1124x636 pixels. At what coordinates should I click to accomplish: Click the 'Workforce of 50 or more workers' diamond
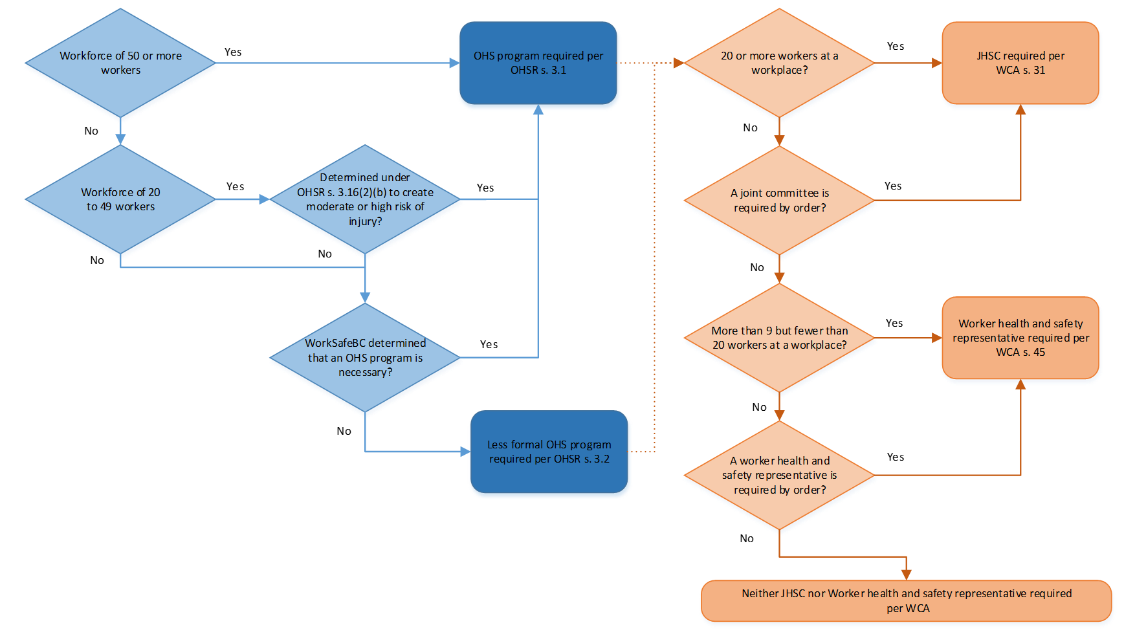pyautogui.click(x=120, y=63)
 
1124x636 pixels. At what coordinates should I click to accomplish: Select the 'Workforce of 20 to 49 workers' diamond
pyautogui.click(x=120, y=199)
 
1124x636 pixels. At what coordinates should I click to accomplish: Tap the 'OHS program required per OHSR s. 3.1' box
pyautogui.click(x=538, y=63)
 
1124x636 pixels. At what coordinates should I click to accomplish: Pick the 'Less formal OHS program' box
pyautogui.click(x=549, y=452)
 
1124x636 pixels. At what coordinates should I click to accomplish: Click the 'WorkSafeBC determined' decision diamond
pyautogui.click(x=365, y=357)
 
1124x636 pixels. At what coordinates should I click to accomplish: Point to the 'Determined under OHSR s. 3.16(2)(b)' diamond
pyautogui.click(x=365, y=199)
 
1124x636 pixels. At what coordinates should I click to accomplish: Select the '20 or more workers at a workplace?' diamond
pyautogui.click(x=779, y=63)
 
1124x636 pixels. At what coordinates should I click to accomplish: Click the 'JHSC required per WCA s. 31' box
pyautogui.click(x=1020, y=63)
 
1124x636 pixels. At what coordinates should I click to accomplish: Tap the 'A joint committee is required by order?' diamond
pyautogui.click(x=779, y=200)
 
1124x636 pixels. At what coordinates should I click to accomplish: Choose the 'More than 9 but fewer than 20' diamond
pyautogui.click(x=779, y=338)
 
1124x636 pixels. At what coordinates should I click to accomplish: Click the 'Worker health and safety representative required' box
pyautogui.click(x=1020, y=338)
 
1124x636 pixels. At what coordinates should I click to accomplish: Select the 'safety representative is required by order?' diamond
pyautogui.click(x=779, y=475)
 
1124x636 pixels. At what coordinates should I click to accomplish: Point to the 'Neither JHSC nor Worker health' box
pyautogui.click(x=906, y=600)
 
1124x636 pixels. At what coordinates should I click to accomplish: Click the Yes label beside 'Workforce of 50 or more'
pyautogui.click(x=233, y=52)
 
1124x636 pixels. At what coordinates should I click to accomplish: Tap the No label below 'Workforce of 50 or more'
pyautogui.click(x=91, y=131)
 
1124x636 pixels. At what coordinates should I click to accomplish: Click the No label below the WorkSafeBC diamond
pyautogui.click(x=344, y=431)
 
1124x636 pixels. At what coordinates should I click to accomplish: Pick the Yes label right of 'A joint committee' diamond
pyautogui.click(x=893, y=186)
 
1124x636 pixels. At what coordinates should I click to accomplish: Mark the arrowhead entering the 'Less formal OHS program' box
pyautogui.click(x=465, y=452)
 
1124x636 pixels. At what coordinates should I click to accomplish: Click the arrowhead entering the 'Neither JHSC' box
pyautogui.click(x=906, y=575)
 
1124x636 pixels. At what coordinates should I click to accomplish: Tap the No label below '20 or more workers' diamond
pyautogui.click(x=750, y=127)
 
